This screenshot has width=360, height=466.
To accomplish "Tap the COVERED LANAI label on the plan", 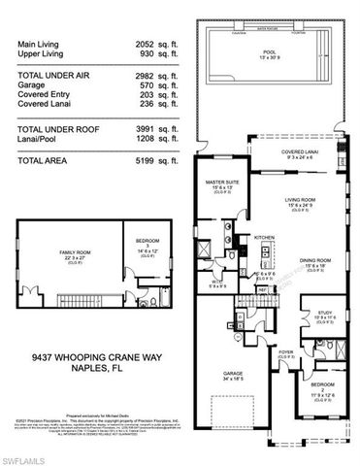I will tap(285, 150).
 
